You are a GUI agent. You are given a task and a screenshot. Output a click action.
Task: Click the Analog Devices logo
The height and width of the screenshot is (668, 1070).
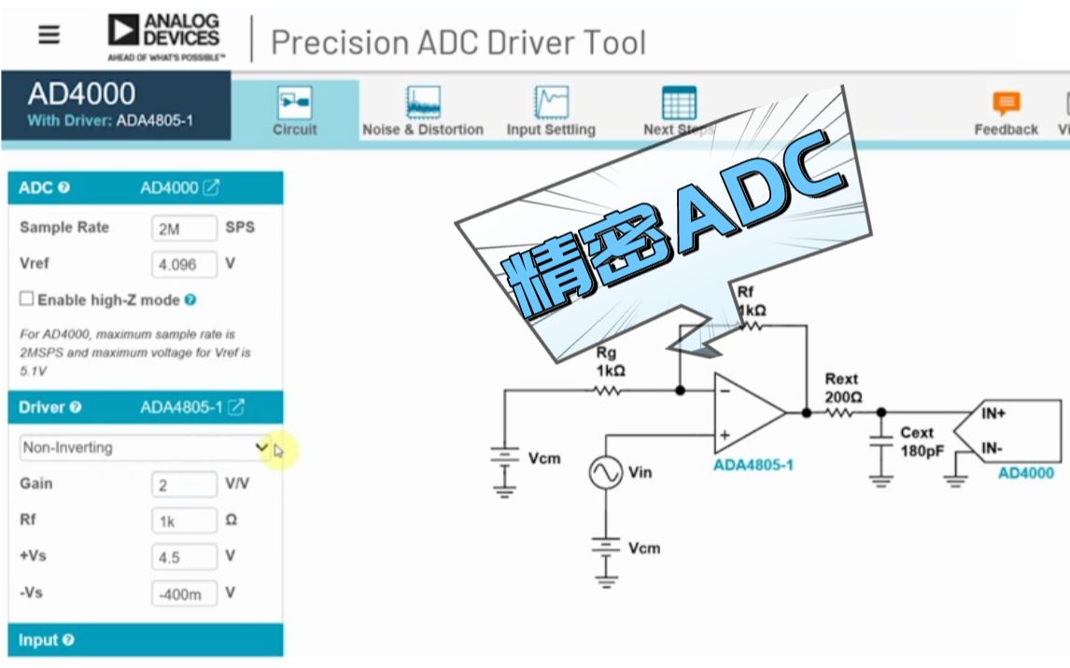tap(166, 36)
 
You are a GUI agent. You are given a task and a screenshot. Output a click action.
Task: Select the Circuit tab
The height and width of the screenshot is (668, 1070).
tap(295, 111)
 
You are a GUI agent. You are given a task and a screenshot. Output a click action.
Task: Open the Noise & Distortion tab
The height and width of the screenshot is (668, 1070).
tap(423, 111)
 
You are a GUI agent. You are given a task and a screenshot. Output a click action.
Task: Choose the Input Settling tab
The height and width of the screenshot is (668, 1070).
tap(551, 111)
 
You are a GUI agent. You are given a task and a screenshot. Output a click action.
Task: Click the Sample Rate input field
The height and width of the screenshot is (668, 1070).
tap(184, 228)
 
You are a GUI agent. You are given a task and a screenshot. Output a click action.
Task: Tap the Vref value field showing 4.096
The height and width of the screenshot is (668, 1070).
tap(184, 264)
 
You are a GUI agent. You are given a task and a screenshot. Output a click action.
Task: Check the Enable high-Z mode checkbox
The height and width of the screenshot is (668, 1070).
tap(27, 299)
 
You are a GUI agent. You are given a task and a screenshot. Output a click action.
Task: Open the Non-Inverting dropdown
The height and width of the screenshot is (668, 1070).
tap(145, 448)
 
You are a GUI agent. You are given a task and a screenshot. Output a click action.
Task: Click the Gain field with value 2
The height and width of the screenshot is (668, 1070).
tap(184, 484)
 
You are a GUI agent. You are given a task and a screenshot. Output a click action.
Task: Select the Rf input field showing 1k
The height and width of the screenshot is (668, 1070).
tap(184, 521)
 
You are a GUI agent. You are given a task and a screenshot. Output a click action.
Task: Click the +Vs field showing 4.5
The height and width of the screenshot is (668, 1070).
tap(184, 557)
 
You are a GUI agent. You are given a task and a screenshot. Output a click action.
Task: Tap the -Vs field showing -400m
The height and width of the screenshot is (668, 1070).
tap(184, 593)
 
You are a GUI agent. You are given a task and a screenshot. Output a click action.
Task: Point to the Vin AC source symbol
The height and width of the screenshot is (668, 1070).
tap(605, 473)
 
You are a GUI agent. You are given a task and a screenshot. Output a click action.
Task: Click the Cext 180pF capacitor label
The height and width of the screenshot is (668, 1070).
tap(916, 441)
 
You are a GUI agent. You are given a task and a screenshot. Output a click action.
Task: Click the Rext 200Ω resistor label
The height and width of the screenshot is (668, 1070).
tap(842, 388)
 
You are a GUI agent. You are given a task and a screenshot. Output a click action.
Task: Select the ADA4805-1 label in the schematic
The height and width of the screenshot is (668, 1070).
tap(753, 464)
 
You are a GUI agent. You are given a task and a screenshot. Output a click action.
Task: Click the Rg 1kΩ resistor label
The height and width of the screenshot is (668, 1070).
tap(610, 361)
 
